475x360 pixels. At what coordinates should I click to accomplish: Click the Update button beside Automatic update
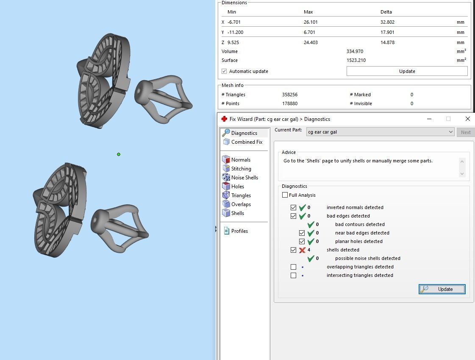[407, 71]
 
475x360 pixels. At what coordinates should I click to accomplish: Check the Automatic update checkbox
[224, 71]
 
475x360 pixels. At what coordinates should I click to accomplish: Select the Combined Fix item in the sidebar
[247, 142]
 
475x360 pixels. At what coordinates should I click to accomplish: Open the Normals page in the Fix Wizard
[241, 160]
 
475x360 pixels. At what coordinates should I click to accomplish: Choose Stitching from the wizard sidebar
[241, 169]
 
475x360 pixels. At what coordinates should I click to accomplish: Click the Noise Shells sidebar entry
[244, 178]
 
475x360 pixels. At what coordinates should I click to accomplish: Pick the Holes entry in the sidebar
[237, 187]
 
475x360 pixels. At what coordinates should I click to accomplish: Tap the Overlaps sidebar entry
[241, 204]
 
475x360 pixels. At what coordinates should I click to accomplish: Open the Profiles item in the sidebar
[239, 231]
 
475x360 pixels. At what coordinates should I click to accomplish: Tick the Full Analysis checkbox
[285, 195]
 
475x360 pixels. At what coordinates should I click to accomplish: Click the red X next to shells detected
[302, 250]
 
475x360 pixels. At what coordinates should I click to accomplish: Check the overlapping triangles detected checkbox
[293, 267]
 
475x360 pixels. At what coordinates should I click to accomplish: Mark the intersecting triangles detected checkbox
[293, 276]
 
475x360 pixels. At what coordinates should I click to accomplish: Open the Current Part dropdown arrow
[450, 132]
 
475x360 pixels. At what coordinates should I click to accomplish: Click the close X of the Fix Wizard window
[467, 119]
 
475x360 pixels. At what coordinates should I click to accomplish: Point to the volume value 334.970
[355, 51]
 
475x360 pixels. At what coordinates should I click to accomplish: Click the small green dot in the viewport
[119, 154]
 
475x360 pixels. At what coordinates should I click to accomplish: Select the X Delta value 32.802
[387, 22]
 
